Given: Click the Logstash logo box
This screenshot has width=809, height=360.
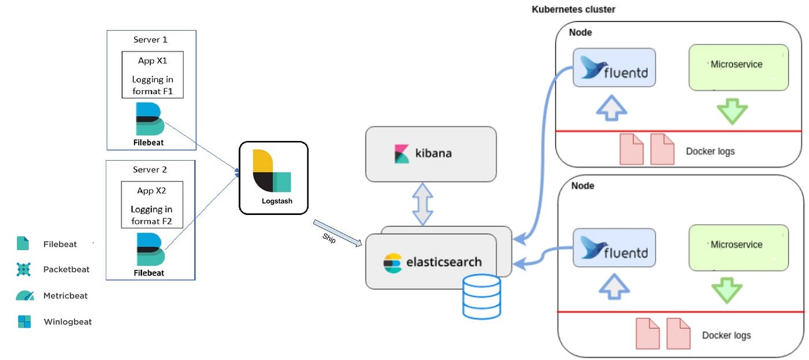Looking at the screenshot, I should [273, 177].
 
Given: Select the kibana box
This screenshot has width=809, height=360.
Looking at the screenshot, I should [431, 154].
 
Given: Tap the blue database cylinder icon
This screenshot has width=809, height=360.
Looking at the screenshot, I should [481, 296].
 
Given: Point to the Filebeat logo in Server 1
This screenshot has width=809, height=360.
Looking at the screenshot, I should [150, 119].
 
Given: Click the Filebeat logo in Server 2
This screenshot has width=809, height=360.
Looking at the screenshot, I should [150, 249].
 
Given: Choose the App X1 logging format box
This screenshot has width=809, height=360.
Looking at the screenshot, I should [152, 75].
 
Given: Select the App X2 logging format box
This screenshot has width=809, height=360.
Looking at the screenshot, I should [152, 205].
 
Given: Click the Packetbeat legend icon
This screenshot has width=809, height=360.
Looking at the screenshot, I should [23, 269].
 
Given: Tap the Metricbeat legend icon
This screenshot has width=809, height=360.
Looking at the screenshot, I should [24, 296].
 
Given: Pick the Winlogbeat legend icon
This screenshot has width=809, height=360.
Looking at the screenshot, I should [24, 322].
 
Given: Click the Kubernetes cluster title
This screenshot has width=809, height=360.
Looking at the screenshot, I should [573, 10].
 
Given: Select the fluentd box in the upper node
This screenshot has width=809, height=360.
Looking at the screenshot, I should [614, 68].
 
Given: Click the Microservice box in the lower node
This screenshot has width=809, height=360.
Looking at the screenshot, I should [739, 247].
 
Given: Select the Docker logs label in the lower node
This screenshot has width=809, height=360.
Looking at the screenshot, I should [726, 335].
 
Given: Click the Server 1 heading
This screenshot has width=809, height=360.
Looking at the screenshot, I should [151, 40].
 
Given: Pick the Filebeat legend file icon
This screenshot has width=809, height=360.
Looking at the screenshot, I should [23, 244].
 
